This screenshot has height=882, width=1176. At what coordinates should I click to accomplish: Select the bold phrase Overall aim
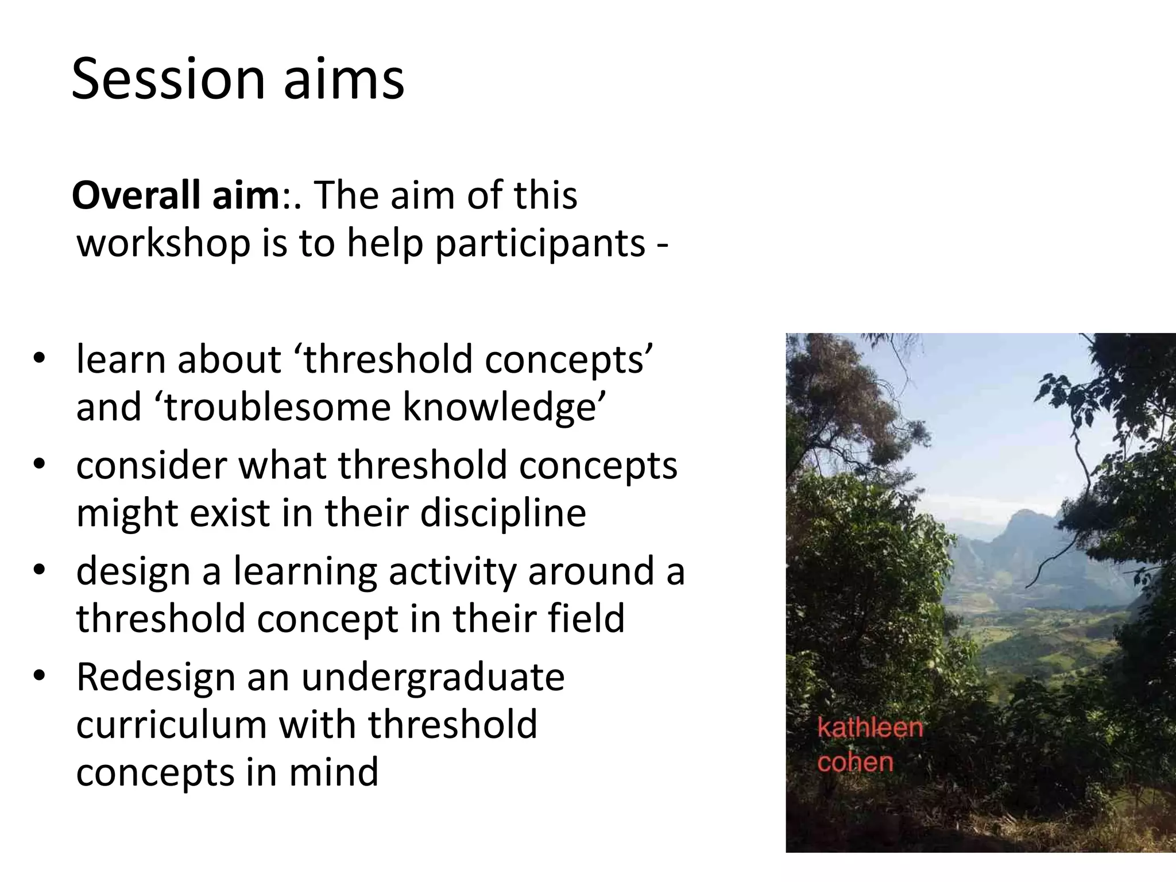[x=175, y=195]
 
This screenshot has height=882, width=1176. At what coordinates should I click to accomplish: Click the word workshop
[x=163, y=244]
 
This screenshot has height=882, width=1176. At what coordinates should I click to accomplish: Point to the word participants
[x=540, y=244]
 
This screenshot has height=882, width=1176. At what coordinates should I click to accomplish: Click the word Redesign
[x=156, y=677]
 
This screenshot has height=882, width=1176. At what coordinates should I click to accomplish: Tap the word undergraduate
[x=433, y=678]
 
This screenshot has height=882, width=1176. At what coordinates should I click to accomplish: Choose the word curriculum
[x=171, y=725]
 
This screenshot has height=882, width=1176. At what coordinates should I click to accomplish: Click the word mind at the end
[x=333, y=772]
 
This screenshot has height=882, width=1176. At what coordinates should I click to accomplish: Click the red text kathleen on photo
[x=870, y=728]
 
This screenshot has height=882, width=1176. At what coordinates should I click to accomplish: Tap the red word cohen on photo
[x=856, y=763]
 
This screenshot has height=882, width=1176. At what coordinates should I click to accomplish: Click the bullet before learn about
[x=38, y=359]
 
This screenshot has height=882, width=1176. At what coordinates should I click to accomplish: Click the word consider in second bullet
[x=152, y=465]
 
